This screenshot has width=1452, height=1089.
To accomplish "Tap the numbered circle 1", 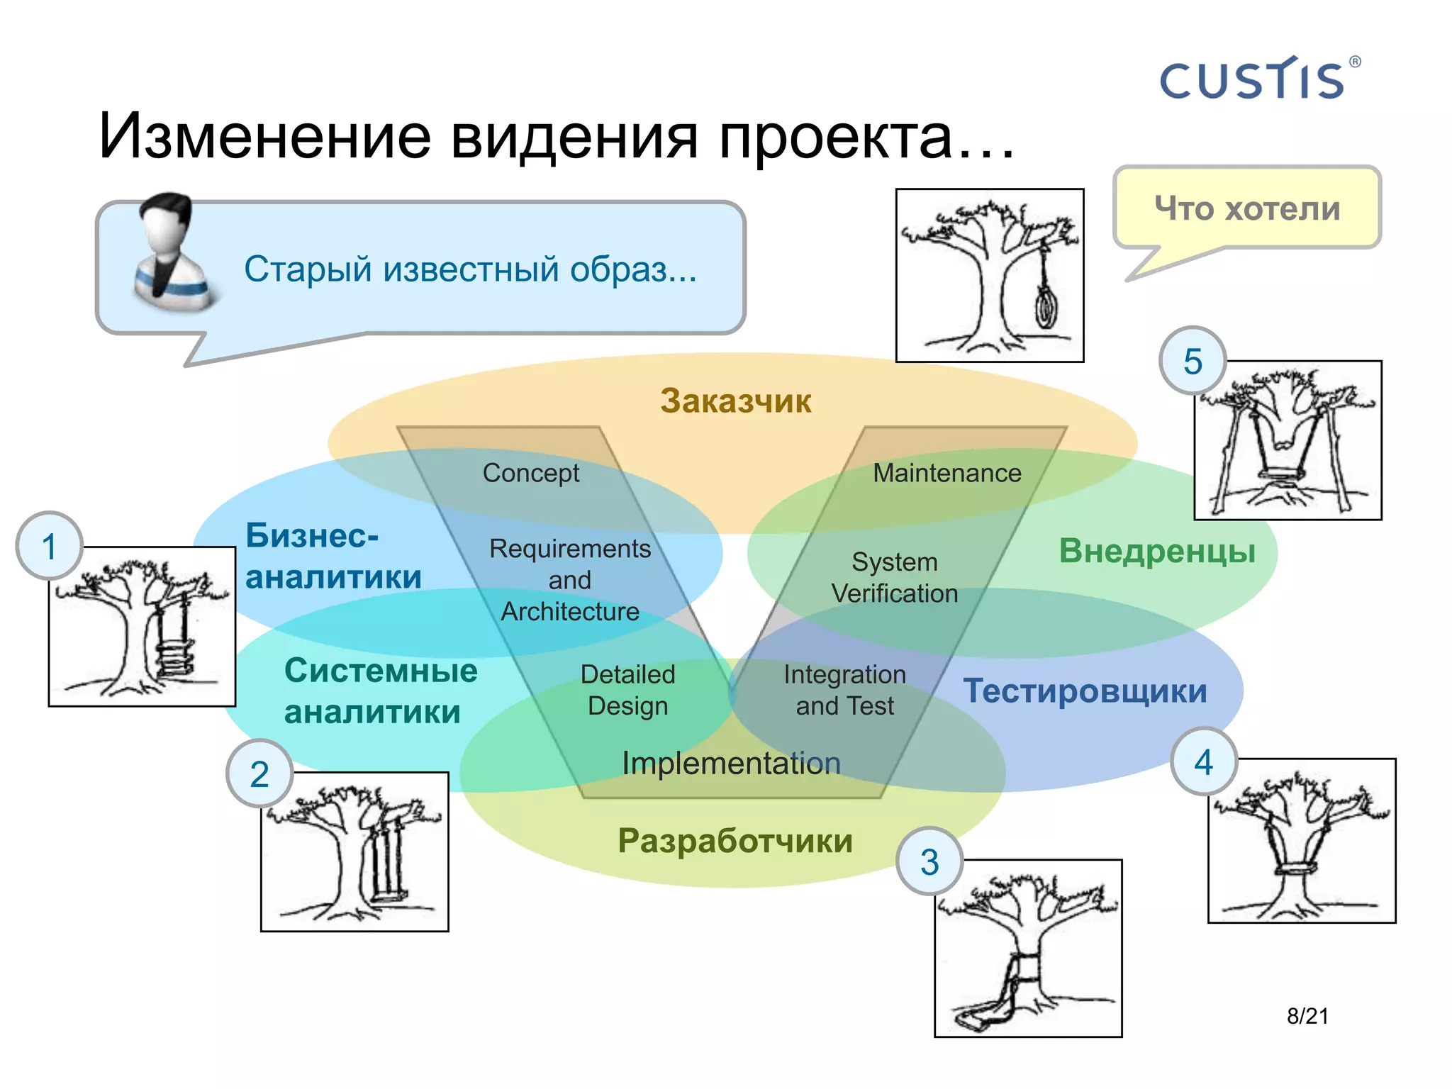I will coord(49,546).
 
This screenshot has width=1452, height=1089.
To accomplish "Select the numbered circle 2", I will coord(259,774).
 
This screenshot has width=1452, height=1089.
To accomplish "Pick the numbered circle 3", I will coord(929,861).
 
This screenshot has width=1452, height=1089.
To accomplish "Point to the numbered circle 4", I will coord(1203,761).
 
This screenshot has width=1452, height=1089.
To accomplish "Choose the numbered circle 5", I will coord(1193,361).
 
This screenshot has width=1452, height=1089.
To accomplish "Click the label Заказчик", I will coord(735,401).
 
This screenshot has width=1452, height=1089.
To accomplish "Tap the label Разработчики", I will coord(735,841).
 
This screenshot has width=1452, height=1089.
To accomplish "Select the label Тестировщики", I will coord(1085,691).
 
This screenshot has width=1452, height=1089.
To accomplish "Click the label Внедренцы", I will coord(1157,551).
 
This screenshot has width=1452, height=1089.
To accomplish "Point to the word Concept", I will coord(531,473).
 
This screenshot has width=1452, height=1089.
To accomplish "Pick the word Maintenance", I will coord(947,473).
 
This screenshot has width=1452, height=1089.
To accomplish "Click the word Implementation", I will coord(731,764).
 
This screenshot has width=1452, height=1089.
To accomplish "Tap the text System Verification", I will coord(895,577).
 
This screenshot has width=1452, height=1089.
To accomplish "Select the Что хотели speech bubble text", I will coord(1247,208).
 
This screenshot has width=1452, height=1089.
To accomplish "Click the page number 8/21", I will coord(1307,1016).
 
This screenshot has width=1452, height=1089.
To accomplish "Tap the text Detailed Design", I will coord(627,690).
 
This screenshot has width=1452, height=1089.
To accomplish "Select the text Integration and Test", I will coord(844,690).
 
